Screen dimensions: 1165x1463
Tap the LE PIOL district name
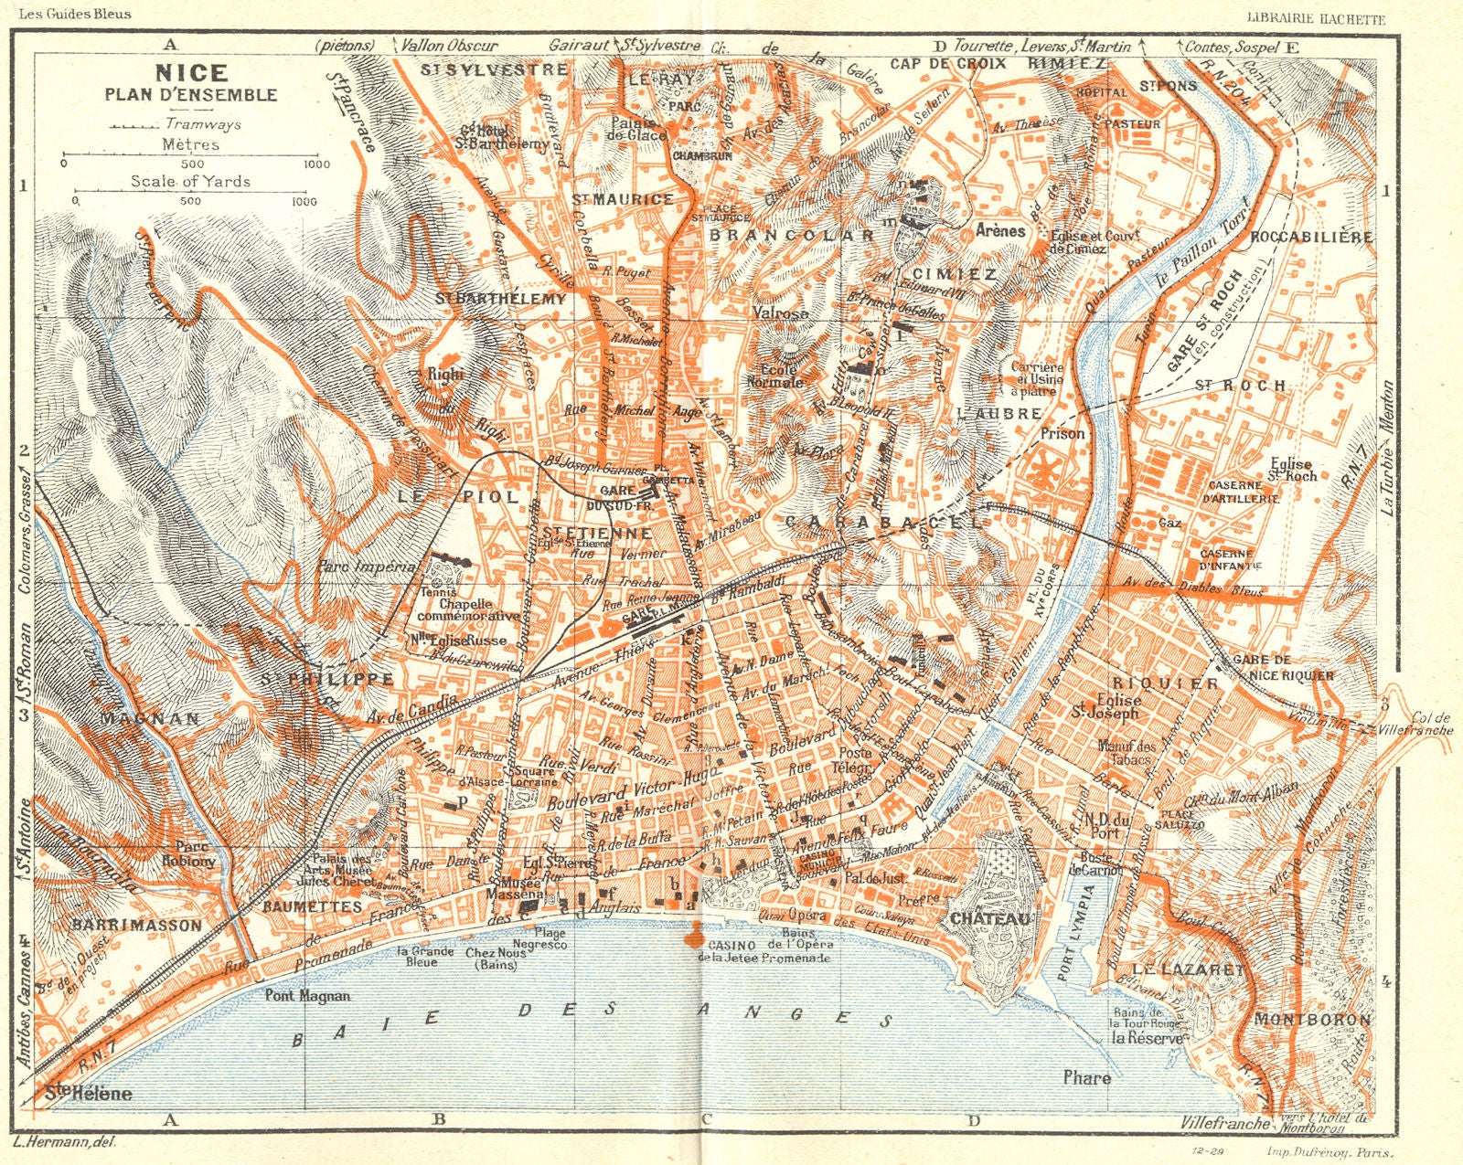pos(455,496)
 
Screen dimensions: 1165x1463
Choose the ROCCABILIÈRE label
pos(1311,237)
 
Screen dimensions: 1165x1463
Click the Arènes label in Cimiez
pos(999,230)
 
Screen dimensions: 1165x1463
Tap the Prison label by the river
pos(1062,433)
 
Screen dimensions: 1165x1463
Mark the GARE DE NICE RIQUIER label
pos(1282,667)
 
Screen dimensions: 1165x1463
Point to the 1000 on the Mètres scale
pos(316,164)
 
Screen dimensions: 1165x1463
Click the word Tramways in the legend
pos(204,124)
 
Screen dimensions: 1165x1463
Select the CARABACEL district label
pos(882,522)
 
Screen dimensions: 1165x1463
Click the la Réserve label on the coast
pos(1147,1038)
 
